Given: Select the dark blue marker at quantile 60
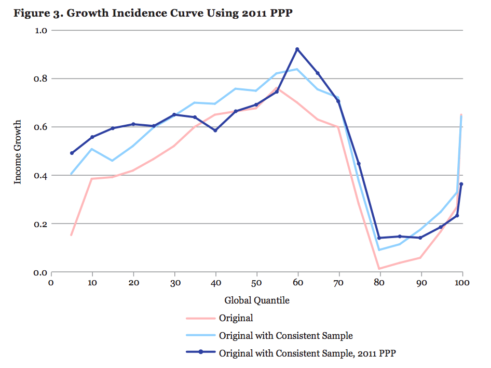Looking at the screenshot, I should [x=297, y=49].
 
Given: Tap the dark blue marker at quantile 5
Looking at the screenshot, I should [x=72, y=153].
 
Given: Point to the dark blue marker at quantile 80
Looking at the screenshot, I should [x=379, y=238].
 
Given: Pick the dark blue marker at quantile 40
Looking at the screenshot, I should [x=215, y=130].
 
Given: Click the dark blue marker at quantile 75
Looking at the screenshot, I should [x=359, y=164].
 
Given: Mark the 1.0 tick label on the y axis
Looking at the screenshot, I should [x=41, y=30].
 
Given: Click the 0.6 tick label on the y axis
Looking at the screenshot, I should [x=41, y=127].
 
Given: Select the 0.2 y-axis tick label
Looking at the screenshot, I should [x=41, y=224].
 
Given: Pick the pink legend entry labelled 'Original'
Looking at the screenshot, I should [x=236, y=318].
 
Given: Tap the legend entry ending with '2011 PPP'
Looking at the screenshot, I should [x=308, y=352].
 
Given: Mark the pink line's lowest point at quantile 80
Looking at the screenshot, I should [x=379, y=269].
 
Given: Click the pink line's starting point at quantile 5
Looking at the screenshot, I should [x=72, y=235].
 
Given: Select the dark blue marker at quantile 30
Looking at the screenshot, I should [x=174, y=114].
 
